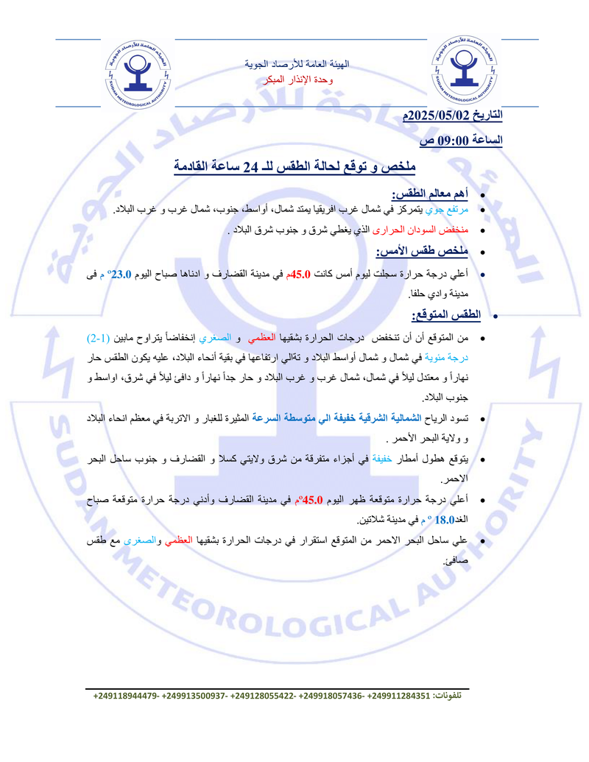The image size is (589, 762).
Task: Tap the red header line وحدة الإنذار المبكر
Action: point(297,79)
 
